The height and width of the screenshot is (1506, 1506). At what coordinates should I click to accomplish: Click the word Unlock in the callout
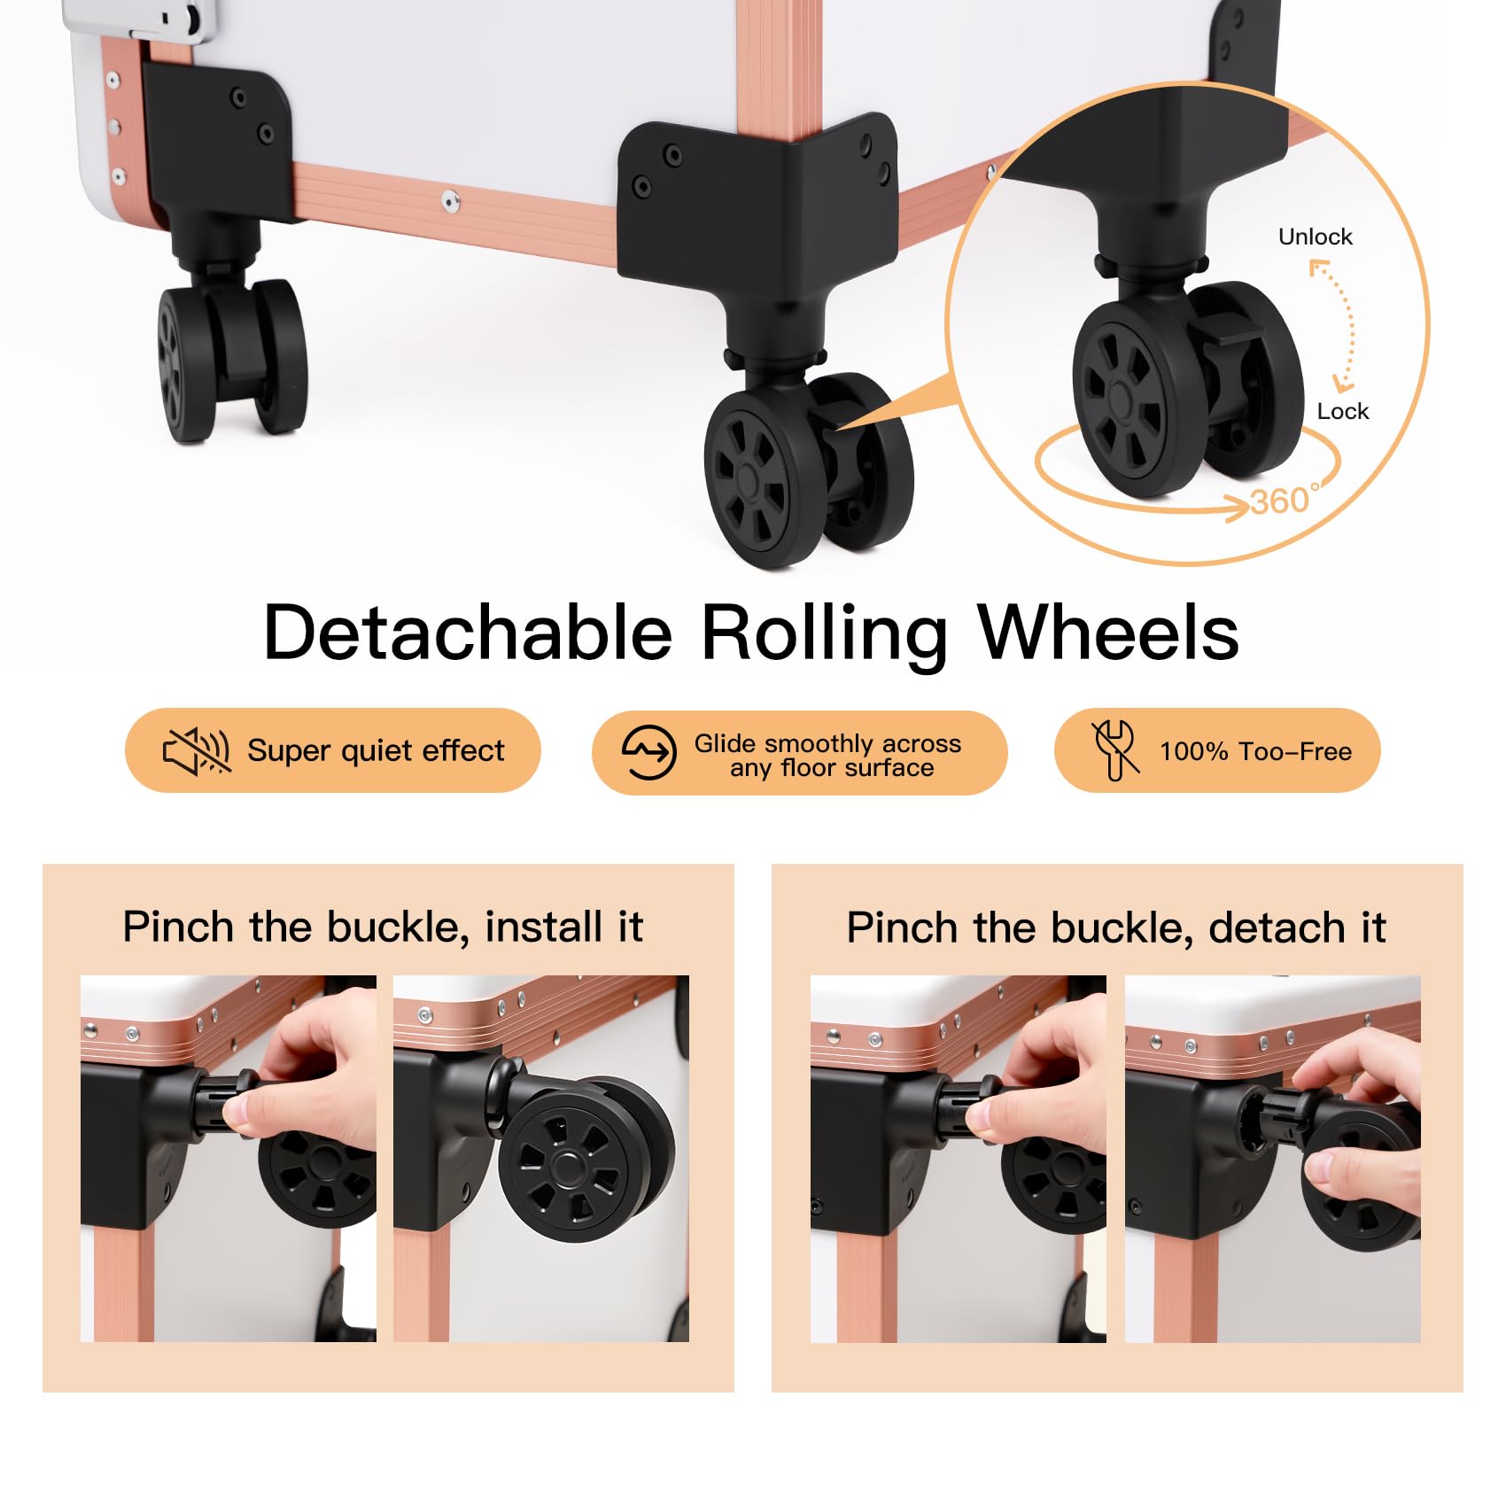[1315, 237]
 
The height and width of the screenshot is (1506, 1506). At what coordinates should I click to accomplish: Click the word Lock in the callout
[1342, 411]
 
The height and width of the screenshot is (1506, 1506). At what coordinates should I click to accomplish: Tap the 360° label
[1285, 501]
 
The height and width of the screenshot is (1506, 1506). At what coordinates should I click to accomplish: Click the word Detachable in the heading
[468, 633]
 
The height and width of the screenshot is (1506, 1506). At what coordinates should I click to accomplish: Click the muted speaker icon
[197, 751]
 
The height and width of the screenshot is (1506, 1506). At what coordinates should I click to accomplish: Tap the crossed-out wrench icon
[1114, 749]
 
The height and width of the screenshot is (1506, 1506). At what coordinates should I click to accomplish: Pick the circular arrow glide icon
[648, 752]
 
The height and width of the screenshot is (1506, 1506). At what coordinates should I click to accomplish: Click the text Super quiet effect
[376, 751]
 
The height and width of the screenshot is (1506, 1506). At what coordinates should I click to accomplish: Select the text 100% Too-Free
[1255, 751]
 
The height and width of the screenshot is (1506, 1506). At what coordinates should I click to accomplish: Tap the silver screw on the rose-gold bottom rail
[451, 203]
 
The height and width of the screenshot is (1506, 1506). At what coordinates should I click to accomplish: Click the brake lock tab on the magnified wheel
[1227, 333]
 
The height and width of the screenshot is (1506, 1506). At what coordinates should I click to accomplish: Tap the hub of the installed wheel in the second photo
[564, 1167]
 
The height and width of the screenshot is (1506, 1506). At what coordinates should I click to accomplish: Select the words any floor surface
[832, 768]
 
